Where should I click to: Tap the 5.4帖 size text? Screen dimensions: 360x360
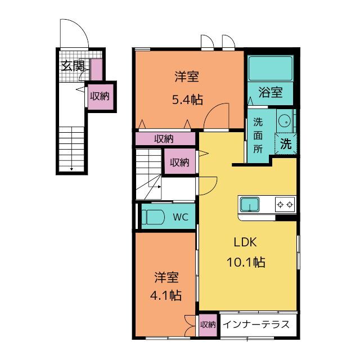coord(187,100)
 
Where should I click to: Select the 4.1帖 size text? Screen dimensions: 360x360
coord(166,295)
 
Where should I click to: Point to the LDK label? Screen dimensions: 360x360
coord(245,242)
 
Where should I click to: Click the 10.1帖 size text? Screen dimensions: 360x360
coord(246,262)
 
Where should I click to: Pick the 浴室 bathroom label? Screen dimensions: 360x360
coord(271,92)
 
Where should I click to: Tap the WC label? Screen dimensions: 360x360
coord(181,217)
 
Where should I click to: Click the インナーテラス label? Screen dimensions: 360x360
coord(256,325)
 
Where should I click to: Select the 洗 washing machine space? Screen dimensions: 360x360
coord(286,144)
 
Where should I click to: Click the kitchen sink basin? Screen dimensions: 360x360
coord(250,205)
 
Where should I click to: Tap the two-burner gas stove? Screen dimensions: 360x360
coord(285,204)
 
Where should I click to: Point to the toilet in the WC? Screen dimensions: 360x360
coord(153,217)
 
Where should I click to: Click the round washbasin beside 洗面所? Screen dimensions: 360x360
coord(285,121)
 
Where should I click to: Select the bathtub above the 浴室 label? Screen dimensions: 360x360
coord(271,68)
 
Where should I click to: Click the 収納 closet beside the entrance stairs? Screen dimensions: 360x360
coord(101,97)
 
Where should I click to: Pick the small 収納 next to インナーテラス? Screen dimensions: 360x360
coord(208,325)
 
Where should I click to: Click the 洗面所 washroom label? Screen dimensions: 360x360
coord(258,136)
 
